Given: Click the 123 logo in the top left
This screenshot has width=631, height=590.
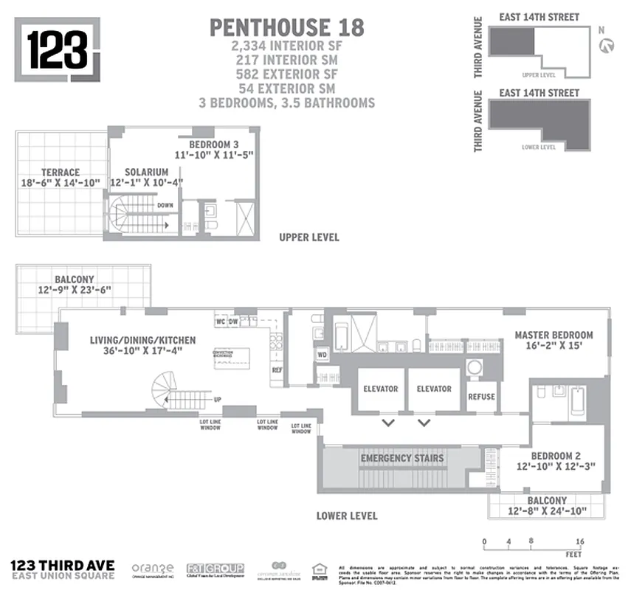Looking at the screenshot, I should tap(58, 49).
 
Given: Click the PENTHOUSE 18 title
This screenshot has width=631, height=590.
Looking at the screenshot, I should tap(287, 27).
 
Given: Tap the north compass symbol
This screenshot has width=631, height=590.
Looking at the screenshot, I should tap(607, 46).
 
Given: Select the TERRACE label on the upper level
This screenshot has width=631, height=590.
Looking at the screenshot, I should tap(61, 173).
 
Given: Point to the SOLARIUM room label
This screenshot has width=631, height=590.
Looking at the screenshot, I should tap(146, 172).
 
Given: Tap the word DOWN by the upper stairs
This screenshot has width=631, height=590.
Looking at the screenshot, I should tap(165, 206).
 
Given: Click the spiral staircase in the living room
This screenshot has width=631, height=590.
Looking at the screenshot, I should tap(167, 388).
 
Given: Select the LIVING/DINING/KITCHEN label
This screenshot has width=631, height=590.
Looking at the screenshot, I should tap(143, 340).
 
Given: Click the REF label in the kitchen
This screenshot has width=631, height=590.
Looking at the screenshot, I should tap(277, 370).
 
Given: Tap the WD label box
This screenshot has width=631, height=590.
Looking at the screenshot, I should tap(322, 355).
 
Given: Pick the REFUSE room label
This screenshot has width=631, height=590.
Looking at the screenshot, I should tap(481, 396).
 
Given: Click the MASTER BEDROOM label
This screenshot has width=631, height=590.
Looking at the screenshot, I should tap(554, 336).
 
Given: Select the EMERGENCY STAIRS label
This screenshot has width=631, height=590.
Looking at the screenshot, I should tap(402, 459).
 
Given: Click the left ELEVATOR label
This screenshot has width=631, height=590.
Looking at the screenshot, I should tap(380, 389).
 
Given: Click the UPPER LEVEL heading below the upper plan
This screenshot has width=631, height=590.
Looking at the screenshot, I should tap(308, 237).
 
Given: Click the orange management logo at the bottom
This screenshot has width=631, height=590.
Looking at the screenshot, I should tap(153, 569).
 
